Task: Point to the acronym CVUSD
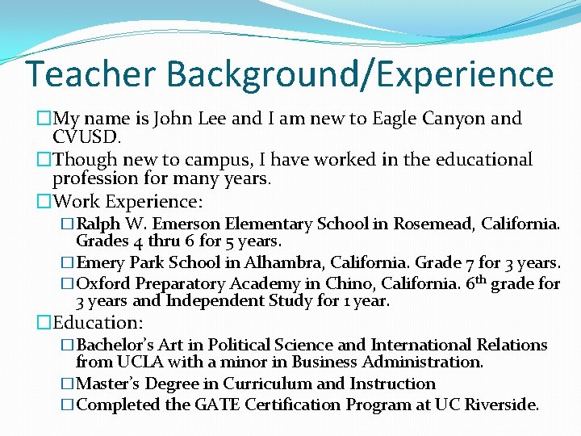click(86, 137)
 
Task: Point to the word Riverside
click(503, 405)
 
